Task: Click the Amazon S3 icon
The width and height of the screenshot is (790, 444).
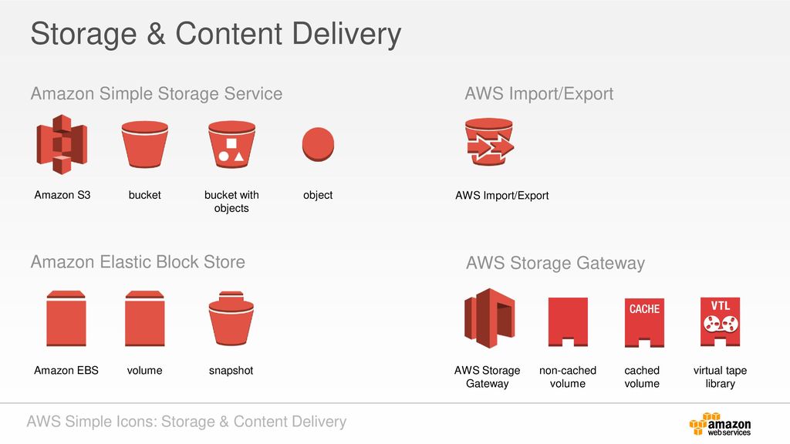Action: pyautogui.click(x=62, y=144)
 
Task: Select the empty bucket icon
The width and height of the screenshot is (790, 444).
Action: pyautogui.click(x=145, y=144)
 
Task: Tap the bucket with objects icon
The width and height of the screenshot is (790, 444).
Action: pyautogui.click(x=231, y=144)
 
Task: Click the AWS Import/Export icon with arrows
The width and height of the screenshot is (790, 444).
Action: pyautogui.click(x=488, y=143)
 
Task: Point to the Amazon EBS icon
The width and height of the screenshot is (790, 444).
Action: pyautogui.click(x=66, y=318)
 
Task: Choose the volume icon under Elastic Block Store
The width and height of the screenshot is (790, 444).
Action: pyautogui.click(x=144, y=318)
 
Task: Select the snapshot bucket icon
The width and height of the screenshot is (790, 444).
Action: pyautogui.click(x=231, y=319)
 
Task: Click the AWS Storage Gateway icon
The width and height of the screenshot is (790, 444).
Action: pyautogui.click(x=488, y=318)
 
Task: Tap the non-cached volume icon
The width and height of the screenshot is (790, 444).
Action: pyautogui.click(x=568, y=321)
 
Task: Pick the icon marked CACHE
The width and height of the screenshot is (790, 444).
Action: pyautogui.click(x=644, y=321)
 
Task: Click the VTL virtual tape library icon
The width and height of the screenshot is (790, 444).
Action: pyautogui.click(x=720, y=321)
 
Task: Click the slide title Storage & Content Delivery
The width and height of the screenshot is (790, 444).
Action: pyautogui.click(x=215, y=35)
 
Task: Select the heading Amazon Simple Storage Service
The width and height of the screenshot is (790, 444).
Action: pyautogui.click(x=156, y=94)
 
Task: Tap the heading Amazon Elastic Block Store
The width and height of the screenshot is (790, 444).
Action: pyautogui.click(x=137, y=262)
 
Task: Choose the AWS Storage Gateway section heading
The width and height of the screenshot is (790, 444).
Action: pyautogui.click(x=555, y=264)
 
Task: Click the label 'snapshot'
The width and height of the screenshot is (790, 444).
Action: pyautogui.click(x=231, y=371)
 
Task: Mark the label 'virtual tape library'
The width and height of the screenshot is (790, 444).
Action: pyautogui.click(x=720, y=377)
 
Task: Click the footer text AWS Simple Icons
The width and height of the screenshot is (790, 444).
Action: pyautogui.click(x=186, y=422)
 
